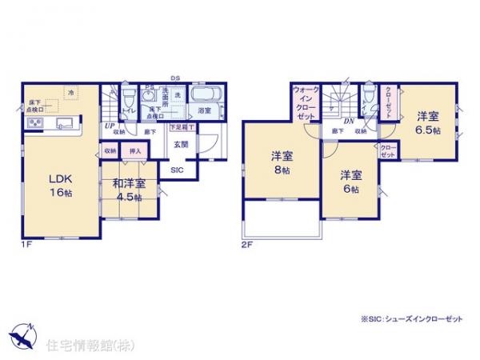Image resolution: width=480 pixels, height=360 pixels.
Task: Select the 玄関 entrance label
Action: tap(182, 145)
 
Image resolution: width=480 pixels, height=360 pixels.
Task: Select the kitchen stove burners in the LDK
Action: tap(37, 122)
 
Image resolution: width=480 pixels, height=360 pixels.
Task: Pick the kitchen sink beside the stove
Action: tap(65, 122)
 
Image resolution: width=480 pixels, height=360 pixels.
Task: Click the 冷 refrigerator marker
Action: tap(70, 93)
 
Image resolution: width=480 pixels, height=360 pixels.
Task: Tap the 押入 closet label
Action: tap(135, 150)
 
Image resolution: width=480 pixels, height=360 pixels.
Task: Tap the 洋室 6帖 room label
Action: tap(349, 181)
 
